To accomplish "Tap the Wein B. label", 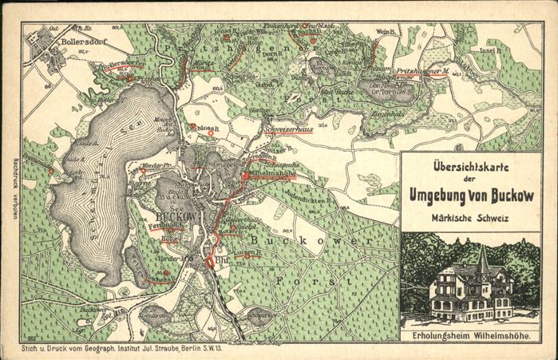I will (x=386, y=33).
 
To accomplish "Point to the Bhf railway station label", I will (x=221, y=259).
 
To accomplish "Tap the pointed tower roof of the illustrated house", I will (x=482, y=257).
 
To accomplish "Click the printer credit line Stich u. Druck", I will (x=128, y=349).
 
